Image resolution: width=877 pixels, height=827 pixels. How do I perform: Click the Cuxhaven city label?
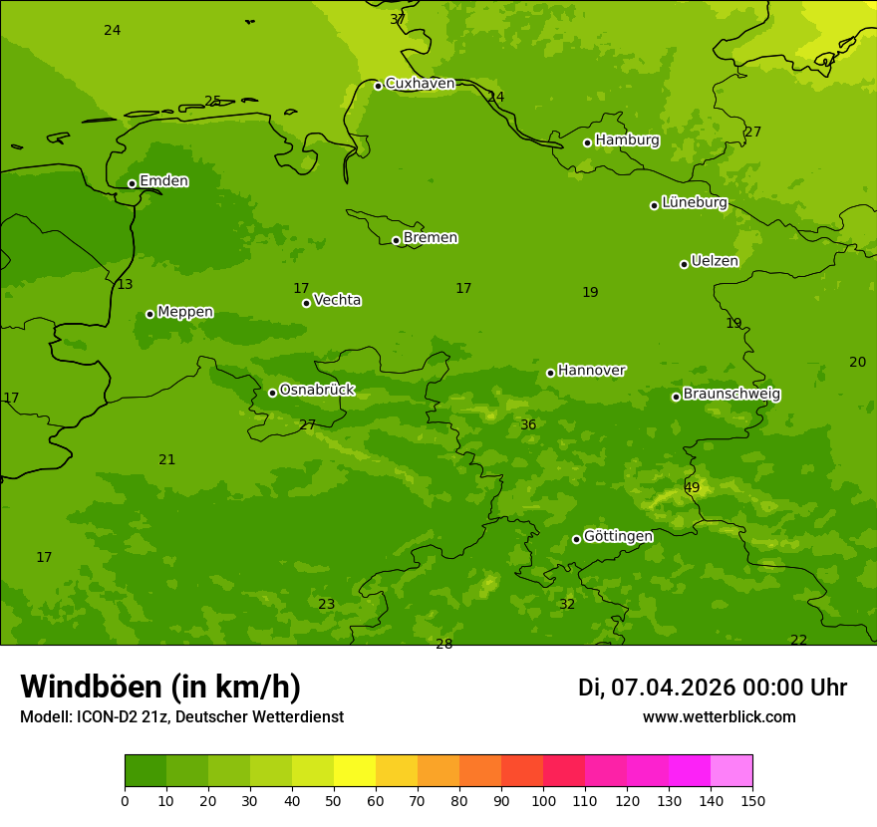pos(420,84)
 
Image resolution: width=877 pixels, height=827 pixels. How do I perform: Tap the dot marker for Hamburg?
pos(588,142)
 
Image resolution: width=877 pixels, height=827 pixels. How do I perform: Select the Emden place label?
pos(163,181)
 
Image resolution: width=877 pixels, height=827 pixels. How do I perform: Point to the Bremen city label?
pos(430,238)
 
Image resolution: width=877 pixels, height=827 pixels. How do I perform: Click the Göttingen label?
pos(618,537)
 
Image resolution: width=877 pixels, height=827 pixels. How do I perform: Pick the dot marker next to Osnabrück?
pos(272,393)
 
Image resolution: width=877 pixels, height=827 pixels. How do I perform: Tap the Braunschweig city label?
pos(731,395)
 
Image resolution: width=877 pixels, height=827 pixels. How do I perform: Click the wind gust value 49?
pos(692,487)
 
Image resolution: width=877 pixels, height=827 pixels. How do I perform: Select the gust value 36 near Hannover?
pos(528,425)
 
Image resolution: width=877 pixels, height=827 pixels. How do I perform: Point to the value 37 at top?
pos(398,19)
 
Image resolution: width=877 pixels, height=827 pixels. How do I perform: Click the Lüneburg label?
pos(695,202)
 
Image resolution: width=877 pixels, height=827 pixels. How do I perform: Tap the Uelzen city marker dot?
pos(684,264)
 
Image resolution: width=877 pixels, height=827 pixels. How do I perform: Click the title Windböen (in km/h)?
pos(160,687)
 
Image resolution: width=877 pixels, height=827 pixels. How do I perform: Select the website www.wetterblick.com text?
pos(719,717)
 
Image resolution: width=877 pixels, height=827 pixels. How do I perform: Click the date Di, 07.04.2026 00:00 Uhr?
pos(713,688)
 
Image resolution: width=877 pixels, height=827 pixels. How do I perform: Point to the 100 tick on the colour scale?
pos(543,800)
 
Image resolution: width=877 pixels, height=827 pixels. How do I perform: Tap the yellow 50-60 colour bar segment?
pos(355,771)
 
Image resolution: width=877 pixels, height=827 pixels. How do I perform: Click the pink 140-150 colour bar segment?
pos(731,771)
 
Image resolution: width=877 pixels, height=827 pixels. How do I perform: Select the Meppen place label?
pos(185,312)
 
